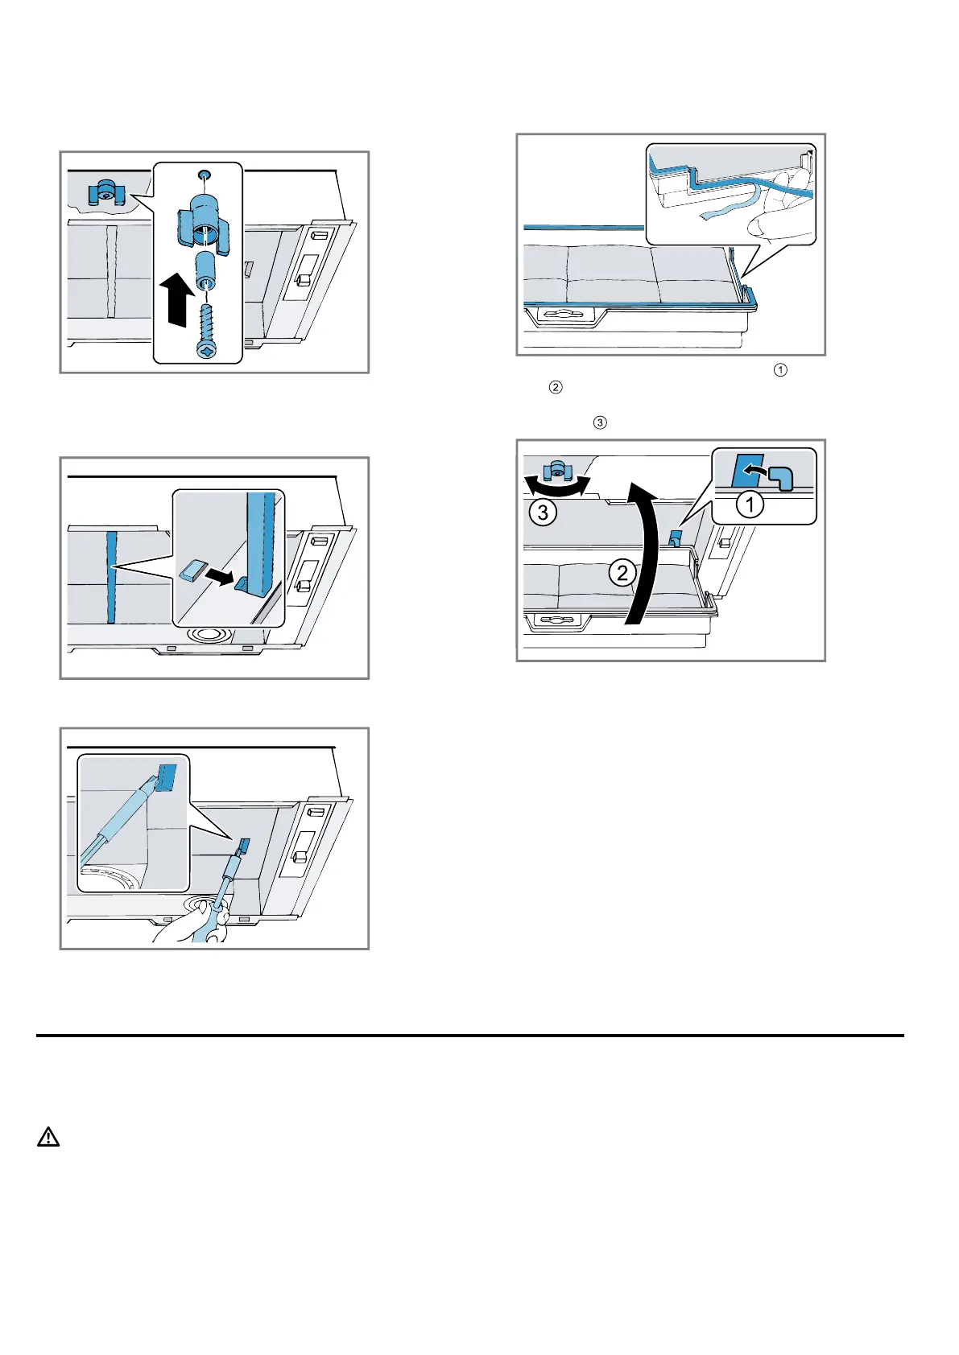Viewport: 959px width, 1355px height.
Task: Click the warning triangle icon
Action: pos(48,1137)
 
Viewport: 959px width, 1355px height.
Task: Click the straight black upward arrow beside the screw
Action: pos(176,299)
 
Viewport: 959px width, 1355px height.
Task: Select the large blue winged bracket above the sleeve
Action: pos(204,225)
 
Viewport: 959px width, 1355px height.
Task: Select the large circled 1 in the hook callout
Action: pos(750,505)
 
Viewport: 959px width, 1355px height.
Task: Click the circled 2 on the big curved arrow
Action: pos(622,573)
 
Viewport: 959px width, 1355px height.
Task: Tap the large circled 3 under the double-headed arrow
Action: pos(543,512)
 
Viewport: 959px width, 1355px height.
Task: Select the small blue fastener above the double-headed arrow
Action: pos(556,469)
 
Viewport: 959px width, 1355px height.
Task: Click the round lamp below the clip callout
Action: pos(207,636)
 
